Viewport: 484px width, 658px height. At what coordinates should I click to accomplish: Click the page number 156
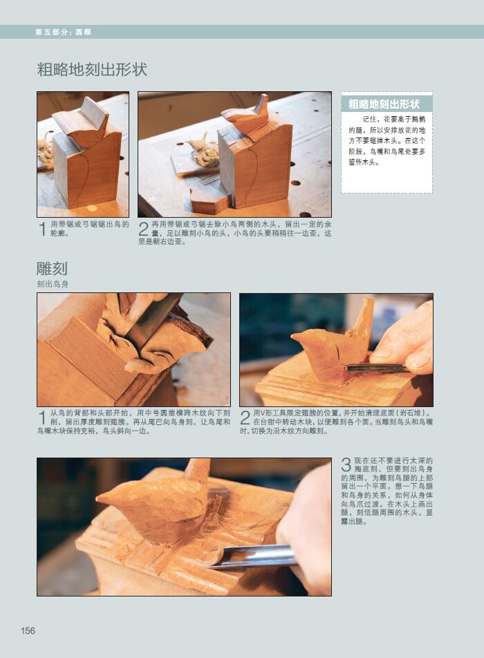tap(28, 630)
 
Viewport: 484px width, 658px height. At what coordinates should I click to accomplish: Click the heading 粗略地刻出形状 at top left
tap(92, 70)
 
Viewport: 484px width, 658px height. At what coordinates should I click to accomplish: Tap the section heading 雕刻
tap(52, 268)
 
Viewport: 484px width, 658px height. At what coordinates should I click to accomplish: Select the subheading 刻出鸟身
tap(53, 284)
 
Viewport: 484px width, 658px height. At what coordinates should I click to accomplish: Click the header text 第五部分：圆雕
tap(64, 32)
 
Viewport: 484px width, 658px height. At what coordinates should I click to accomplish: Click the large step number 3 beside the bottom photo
tap(346, 464)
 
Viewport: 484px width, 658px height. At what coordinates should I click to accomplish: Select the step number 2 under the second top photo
tap(144, 229)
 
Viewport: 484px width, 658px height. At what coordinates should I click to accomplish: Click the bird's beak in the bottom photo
tap(103, 497)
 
